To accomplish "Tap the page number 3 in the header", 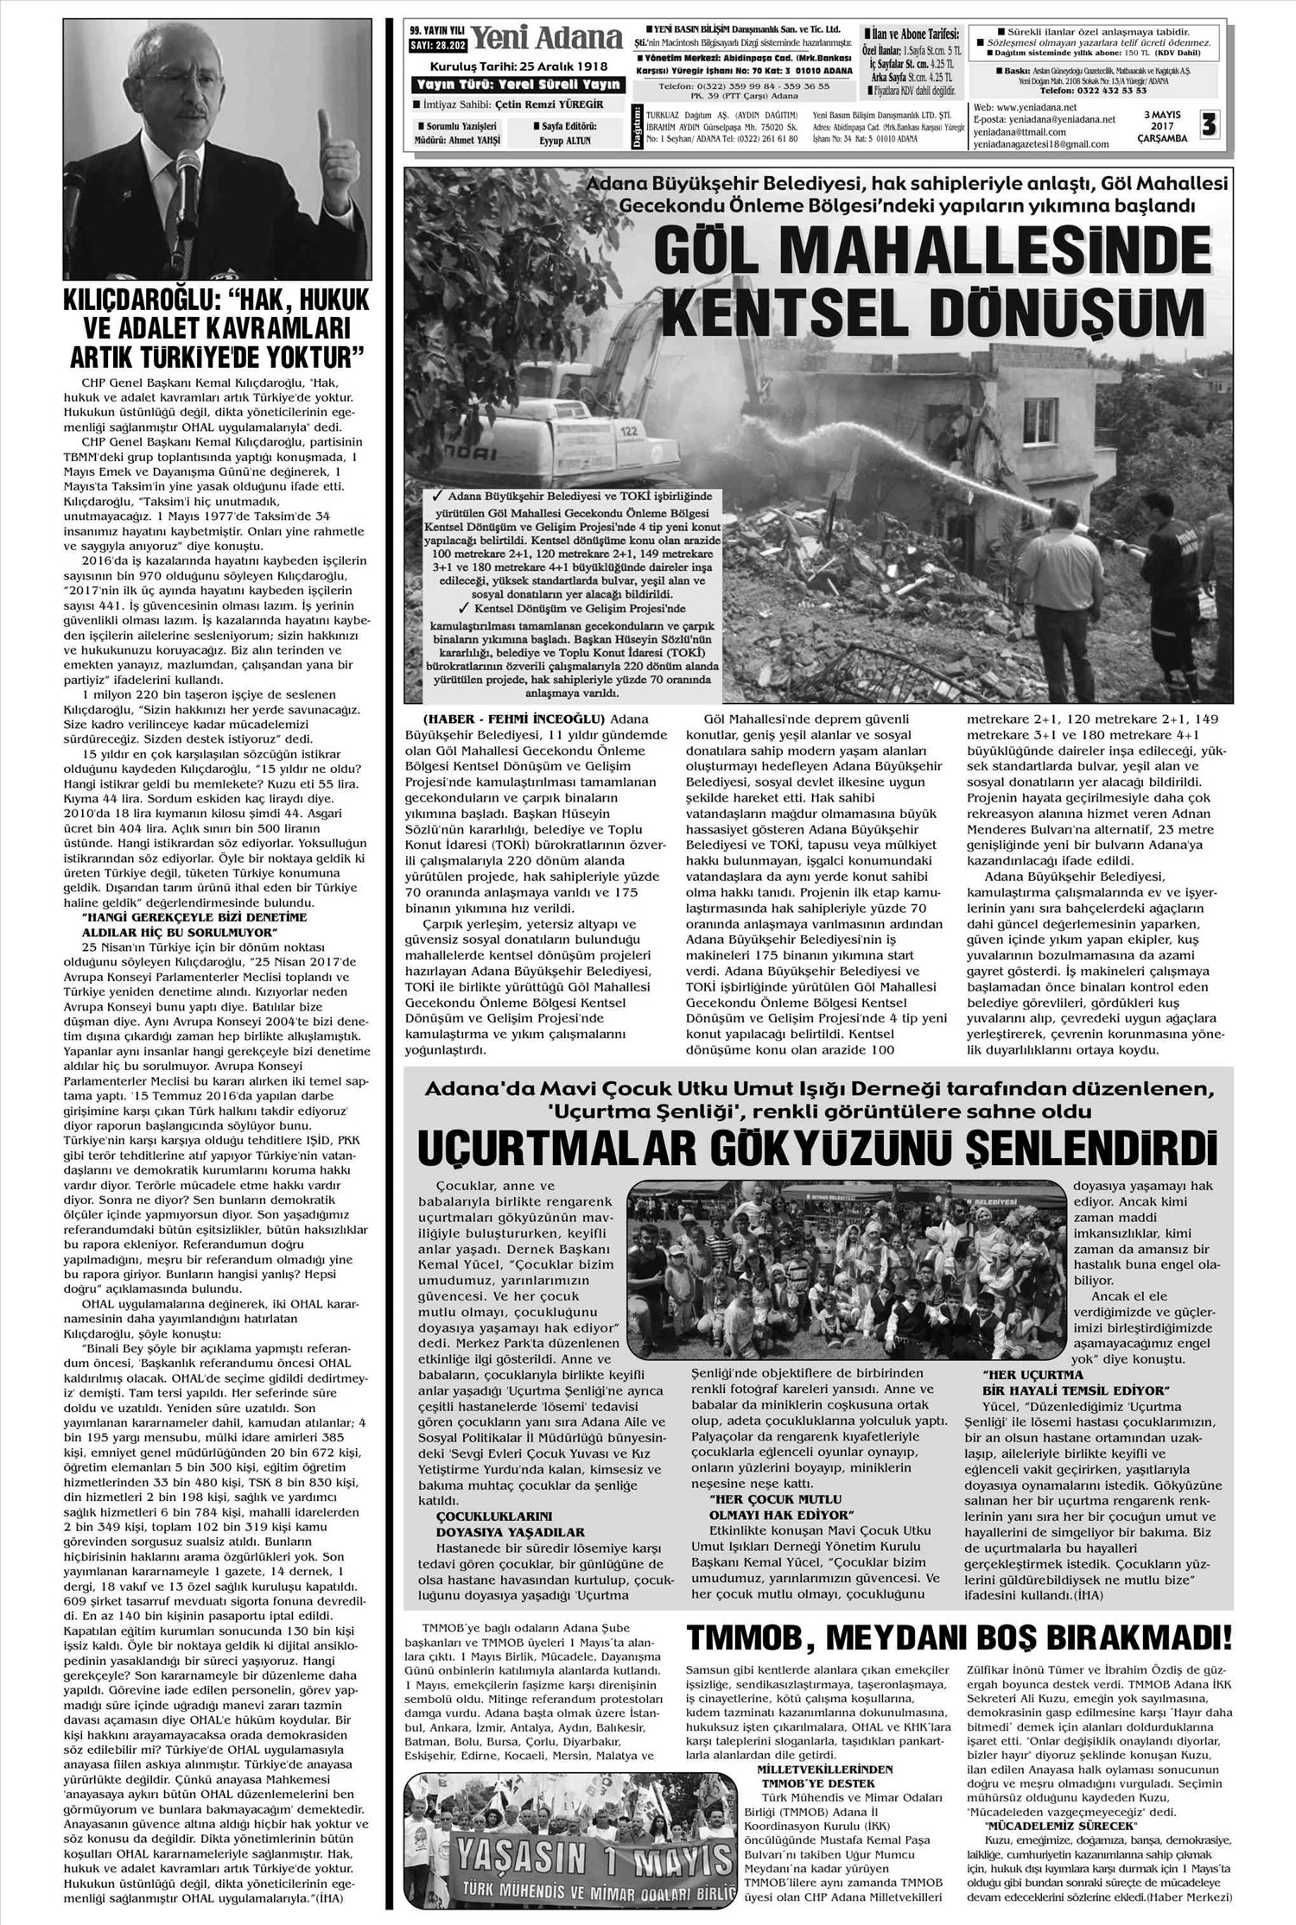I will pos(1208,126).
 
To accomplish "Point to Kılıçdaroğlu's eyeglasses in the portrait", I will pos(214,66).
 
